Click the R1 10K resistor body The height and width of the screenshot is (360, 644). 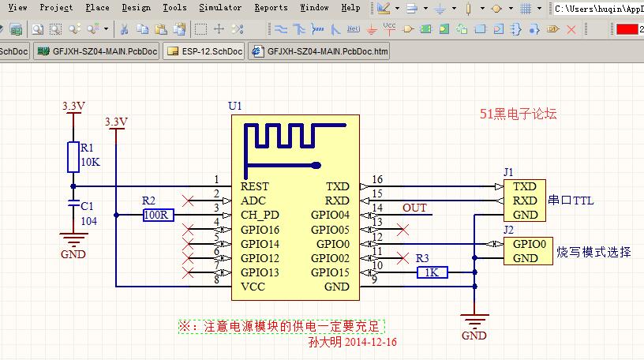[x=73, y=157]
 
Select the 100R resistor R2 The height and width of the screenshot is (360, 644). [x=158, y=215]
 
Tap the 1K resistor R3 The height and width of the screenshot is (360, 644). [x=432, y=272]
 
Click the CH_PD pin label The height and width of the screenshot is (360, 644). [x=261, y=215]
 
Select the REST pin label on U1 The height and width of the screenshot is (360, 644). [x=255, y=186]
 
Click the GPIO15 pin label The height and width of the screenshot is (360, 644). [x=330, y=272]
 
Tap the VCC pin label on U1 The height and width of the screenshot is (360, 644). [x=253, y=287]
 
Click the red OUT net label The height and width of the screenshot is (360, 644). [x=414, y=208]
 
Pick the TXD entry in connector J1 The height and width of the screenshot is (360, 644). [x=524, y=186]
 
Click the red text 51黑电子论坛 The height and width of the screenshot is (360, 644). [x=519, y=114]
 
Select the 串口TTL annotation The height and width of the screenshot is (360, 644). [x=571, y=201]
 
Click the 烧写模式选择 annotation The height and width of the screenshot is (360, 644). [x=594, y=252]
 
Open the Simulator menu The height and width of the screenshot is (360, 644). [x=220, y=7]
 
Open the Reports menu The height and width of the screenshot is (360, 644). [x=271, y=7]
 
